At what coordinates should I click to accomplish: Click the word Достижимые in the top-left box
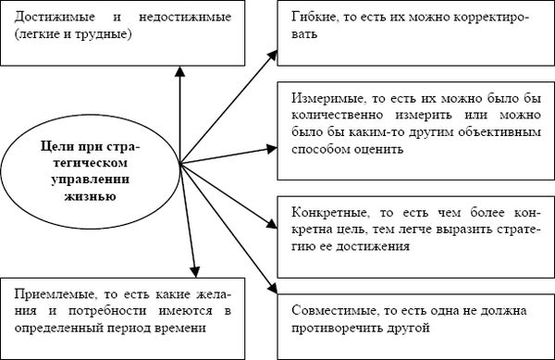tap(48, 19)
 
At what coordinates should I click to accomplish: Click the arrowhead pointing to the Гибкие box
tap(272, 50)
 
